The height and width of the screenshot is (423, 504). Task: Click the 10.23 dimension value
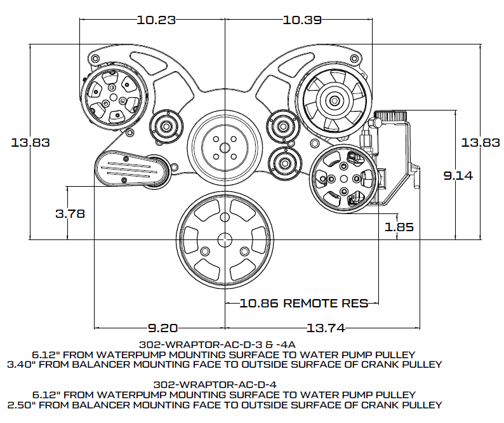click(x=156, y=20)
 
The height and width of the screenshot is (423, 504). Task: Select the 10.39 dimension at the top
click(x=302, y=20)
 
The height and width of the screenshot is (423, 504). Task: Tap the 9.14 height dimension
click(x=458, y=176)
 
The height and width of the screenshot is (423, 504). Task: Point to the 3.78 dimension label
click(x=70, y=213)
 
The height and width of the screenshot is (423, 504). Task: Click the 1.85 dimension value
click(x=399, y=227)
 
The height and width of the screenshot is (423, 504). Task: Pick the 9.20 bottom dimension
click(x=162, y=328)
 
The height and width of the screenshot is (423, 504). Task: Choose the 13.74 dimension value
click(x=326, y=328)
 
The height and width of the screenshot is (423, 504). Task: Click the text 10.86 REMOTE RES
click(x=304, y=303)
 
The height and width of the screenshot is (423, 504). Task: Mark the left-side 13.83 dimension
click(x=30, y=142)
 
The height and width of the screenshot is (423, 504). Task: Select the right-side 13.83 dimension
click(x=481, y=142)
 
